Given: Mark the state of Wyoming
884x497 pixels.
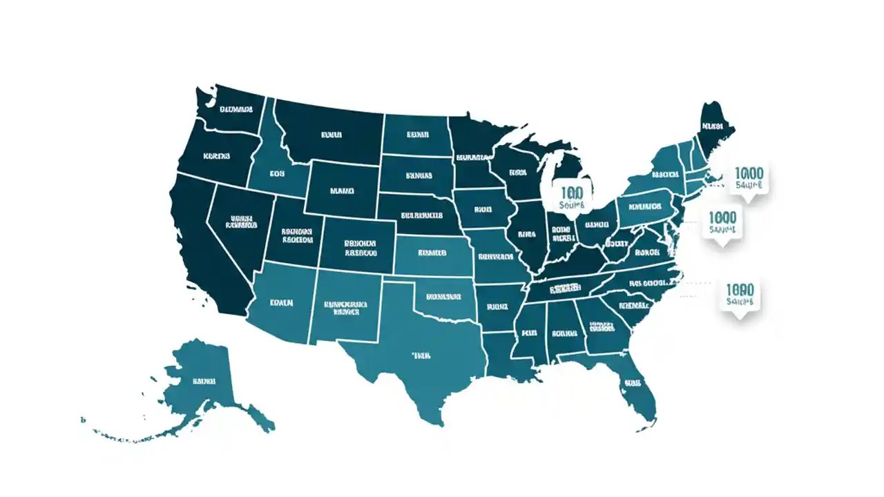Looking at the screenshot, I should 341,189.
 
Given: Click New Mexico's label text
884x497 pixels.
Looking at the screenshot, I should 345,307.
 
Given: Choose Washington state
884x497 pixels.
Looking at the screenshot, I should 235,110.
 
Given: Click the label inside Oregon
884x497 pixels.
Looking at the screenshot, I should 216,157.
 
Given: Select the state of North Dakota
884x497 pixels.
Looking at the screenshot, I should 417,135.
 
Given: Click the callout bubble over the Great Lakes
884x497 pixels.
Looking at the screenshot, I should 573,195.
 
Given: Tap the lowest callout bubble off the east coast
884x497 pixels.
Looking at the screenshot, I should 740,295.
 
